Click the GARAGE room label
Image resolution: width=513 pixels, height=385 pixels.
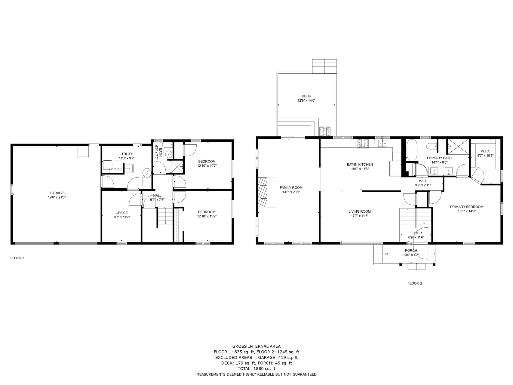[x=57, y=193]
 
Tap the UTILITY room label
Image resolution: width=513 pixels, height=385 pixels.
[x=127, y=154]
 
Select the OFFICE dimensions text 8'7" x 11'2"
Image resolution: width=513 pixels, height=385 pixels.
[x=122, y=217]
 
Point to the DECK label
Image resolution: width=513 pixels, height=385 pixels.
[x=306, y=96]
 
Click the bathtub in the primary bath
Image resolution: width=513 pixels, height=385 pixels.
[x=412, y=150]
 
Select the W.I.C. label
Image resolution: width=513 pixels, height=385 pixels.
[x=485, y=151]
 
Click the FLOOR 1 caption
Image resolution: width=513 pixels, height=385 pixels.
[x=17, y=258]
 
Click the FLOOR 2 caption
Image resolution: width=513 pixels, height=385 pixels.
[x=415, y=283]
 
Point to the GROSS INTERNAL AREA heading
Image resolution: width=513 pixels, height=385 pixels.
[x=256, y=346]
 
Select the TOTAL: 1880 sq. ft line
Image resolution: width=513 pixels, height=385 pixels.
[x=256, y=368]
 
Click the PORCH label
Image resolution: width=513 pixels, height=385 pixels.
[x=411, y=251]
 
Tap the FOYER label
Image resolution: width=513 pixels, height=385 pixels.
[x=416, y=233]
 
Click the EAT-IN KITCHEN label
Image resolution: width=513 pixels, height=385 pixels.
[x=360, y=165]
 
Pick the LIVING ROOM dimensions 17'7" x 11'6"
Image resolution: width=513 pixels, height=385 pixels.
[x=360, y=216]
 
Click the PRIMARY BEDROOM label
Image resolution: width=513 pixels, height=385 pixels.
[x=467, y=207]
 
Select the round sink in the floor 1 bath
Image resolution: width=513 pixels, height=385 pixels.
[x=169, y=155]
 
